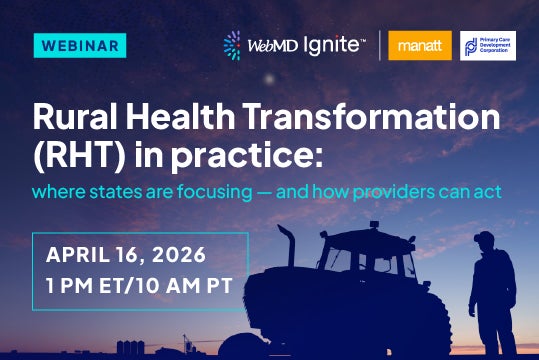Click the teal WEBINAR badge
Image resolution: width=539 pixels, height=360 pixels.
[x=80, y=46]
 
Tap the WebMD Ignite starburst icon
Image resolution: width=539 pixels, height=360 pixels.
[x=232, y=46]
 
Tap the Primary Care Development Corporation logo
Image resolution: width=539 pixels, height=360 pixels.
[x=488, y=45]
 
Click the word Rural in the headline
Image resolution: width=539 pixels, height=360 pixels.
[x=72, y=117]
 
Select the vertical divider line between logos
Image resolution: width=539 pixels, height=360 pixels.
[x=380, y=46]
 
